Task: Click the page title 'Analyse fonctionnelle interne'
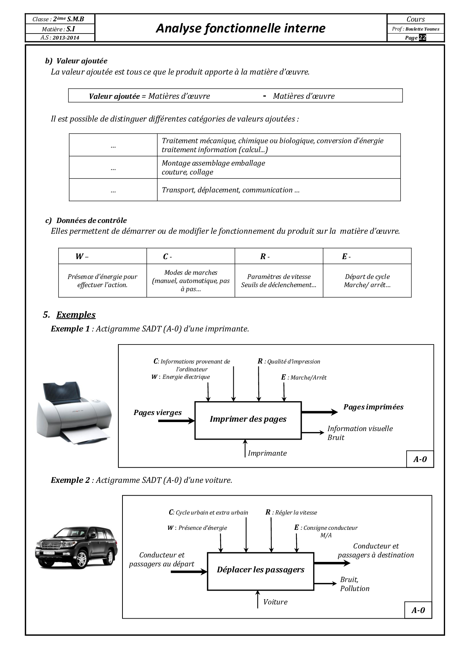(240, 28)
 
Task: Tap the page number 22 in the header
(422, 38)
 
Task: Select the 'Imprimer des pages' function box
(248, 420)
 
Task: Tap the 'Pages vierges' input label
(158, 413)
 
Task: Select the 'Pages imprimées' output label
(373, 407)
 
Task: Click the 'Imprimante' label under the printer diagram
(267, 453)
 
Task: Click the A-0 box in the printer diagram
(420, 459)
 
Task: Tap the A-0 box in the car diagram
(418, 610)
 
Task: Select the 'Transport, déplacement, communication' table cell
(279, 190)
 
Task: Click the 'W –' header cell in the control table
(102, 256)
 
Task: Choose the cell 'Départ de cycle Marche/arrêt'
(367, 281)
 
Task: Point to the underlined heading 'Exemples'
(76, 315)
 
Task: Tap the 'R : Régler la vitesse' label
(291, 513)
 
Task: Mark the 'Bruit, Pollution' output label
(354, 584)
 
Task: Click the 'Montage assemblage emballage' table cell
(279, 167)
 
